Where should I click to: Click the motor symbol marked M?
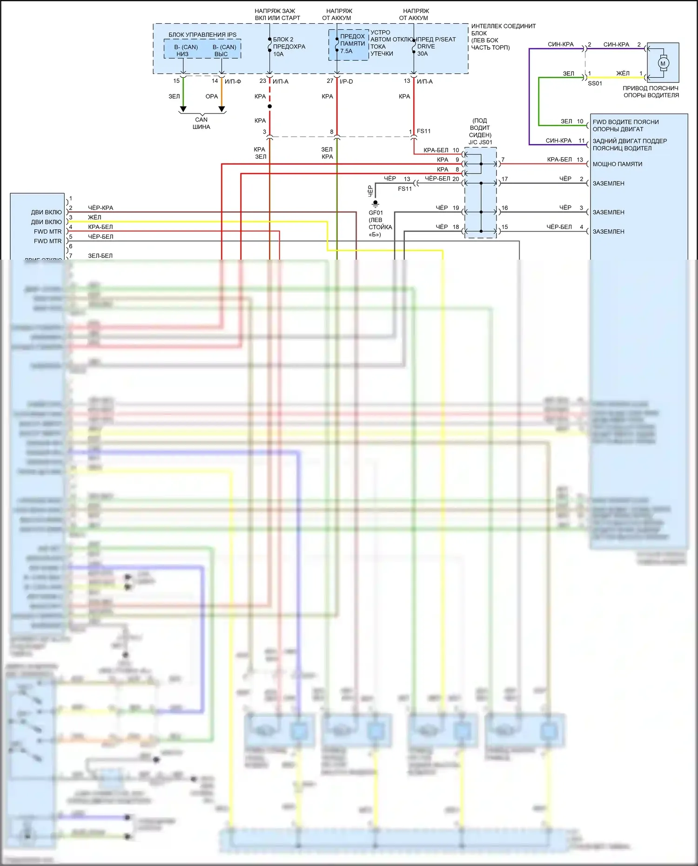(x=663, y=63)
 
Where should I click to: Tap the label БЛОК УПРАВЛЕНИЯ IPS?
(x=202, y=35)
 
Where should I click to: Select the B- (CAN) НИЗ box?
(x=185, y=50)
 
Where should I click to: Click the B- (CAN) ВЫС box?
(x=224, y=50)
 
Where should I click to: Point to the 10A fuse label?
(x=278, y=54)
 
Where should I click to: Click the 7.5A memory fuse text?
(x=346, y=51)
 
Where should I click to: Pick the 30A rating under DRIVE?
(x=423, y=54)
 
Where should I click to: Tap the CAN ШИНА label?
(x=201, y=123)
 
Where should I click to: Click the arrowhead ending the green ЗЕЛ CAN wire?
(x=183, y=109)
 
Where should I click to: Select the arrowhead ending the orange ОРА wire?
(x=222, y=109)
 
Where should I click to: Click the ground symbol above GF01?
(x=376, y=204)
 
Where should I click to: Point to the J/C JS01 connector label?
(x=480, y=142)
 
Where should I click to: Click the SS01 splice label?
(x=595, y=83)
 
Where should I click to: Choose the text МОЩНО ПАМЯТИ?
(x=617, y=164)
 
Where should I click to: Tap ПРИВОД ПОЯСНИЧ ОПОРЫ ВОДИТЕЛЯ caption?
(x=651, y=92)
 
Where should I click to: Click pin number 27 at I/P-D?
(x=330, y=81)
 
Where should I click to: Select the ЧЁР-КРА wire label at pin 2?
(x=101, y=208)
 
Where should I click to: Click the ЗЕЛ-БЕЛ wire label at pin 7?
(x=100, y=255)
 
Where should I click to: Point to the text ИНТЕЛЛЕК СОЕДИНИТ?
(x=503, y=26)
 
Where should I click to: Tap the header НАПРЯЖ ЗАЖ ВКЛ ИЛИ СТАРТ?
(x=277, y=14)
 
